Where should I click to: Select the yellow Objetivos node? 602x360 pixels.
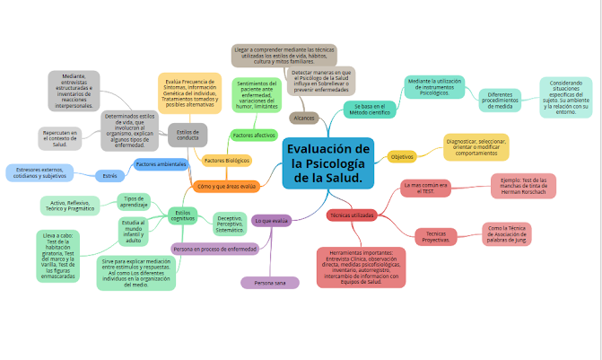(x=401, y=156)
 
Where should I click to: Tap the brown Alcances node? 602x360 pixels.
(x=303, y=118)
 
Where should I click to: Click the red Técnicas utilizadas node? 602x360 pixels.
(x=352, y=215)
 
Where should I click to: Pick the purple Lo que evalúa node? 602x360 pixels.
(x=271, y=220)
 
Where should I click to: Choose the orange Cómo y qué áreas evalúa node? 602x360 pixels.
(x=226, y=187)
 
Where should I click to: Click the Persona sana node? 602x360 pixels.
(x=270, y=283)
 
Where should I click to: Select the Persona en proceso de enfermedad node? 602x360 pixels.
(x=214, y=248)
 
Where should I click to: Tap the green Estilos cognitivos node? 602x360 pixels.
(x=183, y=214)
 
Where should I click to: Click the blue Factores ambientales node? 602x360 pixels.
(x=161, y=164)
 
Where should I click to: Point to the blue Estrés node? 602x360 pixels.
(x=109, y=175)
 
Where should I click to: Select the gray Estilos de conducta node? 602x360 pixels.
(x=188, y=135)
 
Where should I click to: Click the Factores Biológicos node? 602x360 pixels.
(x=226, y=161)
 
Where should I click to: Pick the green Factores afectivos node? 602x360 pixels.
(x=253, y=135)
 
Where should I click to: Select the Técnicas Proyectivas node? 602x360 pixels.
(x=437, y=237)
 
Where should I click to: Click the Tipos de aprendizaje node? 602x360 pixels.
(x=135, y=201)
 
